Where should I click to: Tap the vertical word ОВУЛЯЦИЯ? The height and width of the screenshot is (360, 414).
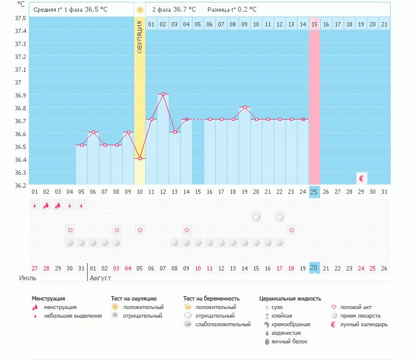[x=140, y=37]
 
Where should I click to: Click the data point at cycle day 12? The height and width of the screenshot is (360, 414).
[x=163, y=94]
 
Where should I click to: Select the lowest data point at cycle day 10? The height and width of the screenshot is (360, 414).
[x=140, y=158]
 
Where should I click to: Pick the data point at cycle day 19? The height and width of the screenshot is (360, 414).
[x=245, y=107]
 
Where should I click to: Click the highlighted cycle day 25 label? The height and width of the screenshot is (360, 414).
[x=315, y=192]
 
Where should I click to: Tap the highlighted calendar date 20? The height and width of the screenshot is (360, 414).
[x=315, y=268]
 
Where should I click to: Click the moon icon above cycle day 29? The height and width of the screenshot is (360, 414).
[x=362, y=178]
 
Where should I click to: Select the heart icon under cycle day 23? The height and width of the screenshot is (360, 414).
[x=291, y=230]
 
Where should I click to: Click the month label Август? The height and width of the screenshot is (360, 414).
[x=102, y=278]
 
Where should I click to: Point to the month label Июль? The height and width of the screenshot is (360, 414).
[x=26, y=278]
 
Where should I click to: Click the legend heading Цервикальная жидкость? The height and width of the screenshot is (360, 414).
[x=290, y=298]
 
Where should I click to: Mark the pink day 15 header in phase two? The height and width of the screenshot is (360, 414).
[x=315, y=24]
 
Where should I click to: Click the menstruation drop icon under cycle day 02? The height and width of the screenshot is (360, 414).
[x=46, y=205]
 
